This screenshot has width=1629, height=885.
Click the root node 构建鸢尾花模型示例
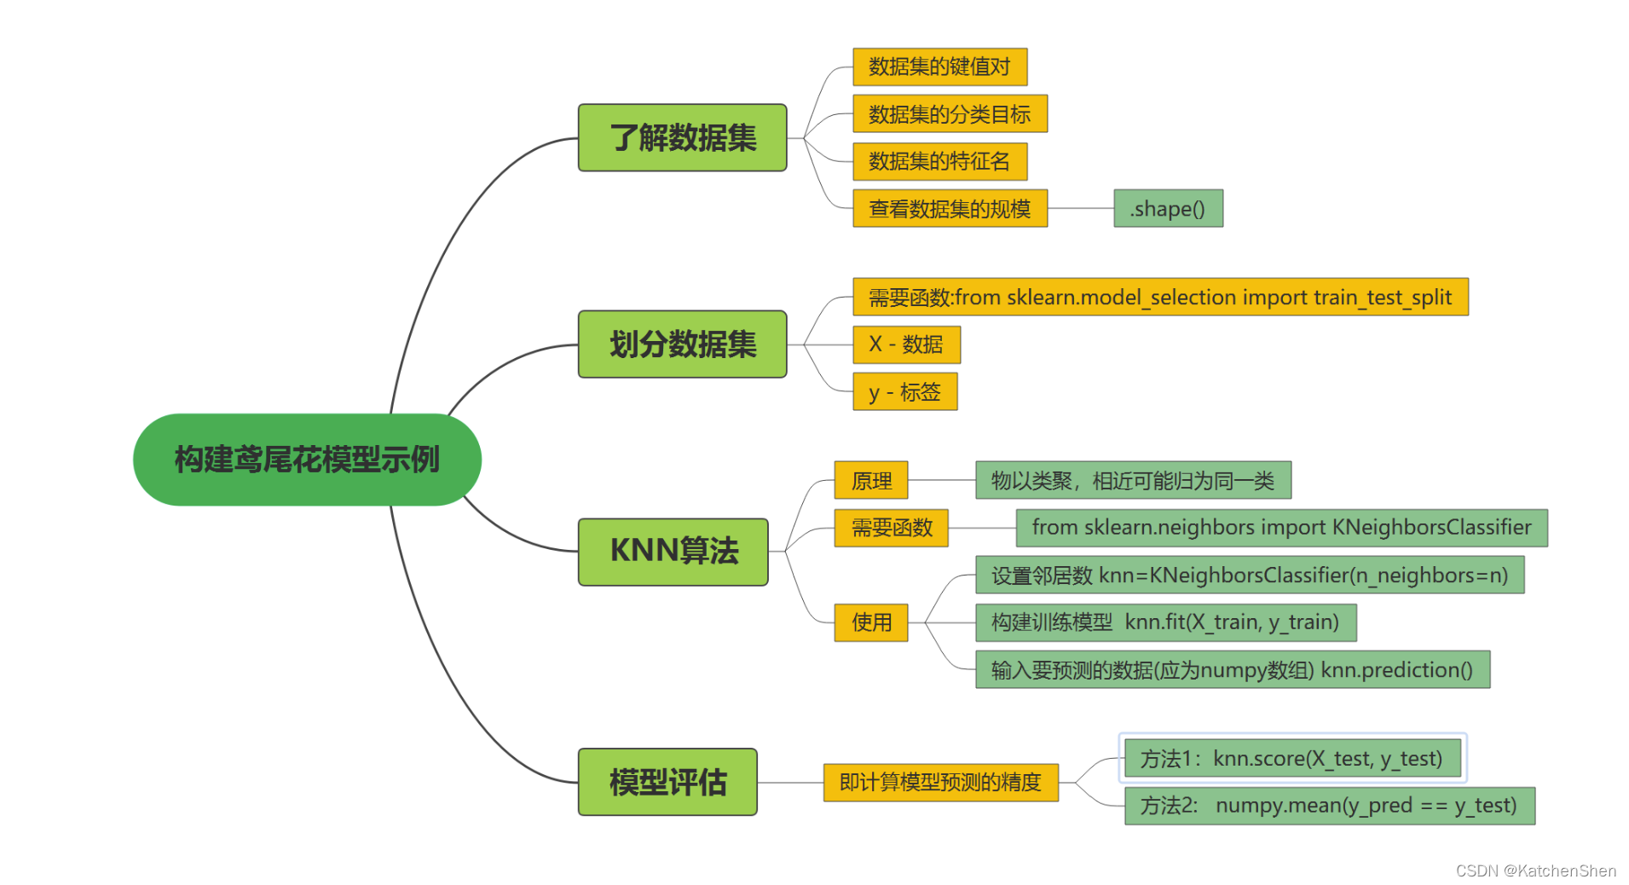pos(307,460)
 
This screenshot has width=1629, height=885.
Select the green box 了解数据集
pos(682,138)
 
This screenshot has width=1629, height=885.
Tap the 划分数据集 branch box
pos(682,344)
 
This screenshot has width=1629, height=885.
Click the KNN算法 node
pos(673,552)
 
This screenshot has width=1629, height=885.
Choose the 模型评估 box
pos(667,782)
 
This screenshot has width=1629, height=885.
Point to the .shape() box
pos(1168,209)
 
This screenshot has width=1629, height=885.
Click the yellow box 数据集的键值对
pos(939,67)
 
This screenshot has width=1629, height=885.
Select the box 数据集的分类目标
pos(950,114)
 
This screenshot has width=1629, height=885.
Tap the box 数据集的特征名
pos(939,161)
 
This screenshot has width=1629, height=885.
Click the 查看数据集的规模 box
pos(950,209)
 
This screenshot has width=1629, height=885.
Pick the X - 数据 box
pos(906,344)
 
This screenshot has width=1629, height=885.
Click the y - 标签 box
pos(904,392)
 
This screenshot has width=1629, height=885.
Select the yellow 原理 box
pos(871,481)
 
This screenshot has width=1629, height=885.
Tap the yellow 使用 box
pos(871,622)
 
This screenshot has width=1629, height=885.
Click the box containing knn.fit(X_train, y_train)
pos(1165,622)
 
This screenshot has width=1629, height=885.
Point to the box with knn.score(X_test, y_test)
pos(1291,758)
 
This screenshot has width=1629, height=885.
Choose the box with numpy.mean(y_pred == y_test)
pos(1329,806)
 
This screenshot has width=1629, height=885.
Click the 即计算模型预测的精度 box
pos(940,782)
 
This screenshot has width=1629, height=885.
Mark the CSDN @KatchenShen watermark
pos(1535,871)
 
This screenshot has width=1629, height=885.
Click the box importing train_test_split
pos(1160,298)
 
